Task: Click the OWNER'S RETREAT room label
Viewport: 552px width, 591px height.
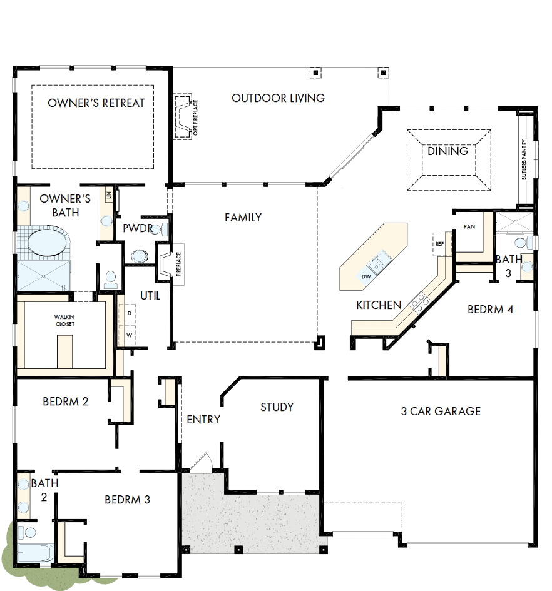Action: pos(96,103)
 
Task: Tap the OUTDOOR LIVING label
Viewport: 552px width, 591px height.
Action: pos(278,98)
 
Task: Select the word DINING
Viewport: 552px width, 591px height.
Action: pos(447,151)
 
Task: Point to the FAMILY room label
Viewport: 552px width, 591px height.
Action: pos(243,218)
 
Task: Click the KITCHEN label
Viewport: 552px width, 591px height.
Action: pos(379,305)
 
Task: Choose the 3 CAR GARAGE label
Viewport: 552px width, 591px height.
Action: pos(441,412)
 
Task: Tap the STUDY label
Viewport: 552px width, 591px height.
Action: pos(277,407)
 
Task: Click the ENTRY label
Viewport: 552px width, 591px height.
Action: pos(203,420)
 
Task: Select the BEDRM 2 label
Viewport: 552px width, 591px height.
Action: pos(66,402)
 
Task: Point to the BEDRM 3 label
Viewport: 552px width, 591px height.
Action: pos(127,500)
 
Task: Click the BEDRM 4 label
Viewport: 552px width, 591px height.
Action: pos(491,309)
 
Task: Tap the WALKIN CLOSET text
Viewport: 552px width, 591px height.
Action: pos(64,321)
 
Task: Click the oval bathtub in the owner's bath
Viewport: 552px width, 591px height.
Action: pos(43,243)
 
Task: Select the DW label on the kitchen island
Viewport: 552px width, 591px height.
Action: pos(365,276)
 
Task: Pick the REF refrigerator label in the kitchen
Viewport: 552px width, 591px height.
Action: pos(439,244)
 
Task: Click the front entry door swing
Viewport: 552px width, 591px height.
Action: pos(202,463)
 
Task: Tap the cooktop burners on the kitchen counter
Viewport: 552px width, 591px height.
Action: pos(419,301)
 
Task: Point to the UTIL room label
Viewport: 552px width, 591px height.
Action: pos(150,296)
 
